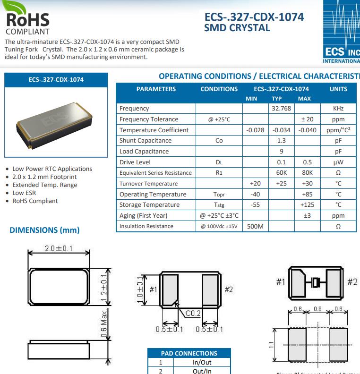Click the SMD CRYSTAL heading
click(x=237, y=28)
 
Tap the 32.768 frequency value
click(x=281, y=109)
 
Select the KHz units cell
click(x=338, y=109)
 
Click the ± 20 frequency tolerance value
click(x=307, y=119)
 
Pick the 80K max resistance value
click(x=307, y=173)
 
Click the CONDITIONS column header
click(x=219, y=89)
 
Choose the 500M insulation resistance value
click(x=255, y=226)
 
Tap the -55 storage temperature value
click(x=255, y=205)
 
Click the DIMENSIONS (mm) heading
click(x=44, y=230)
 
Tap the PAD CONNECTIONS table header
click(x=189, y=353)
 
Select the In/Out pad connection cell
click(x=202, y=362)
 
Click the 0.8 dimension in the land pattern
click(x=317, y=309)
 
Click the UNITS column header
click(x=338, y=89)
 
